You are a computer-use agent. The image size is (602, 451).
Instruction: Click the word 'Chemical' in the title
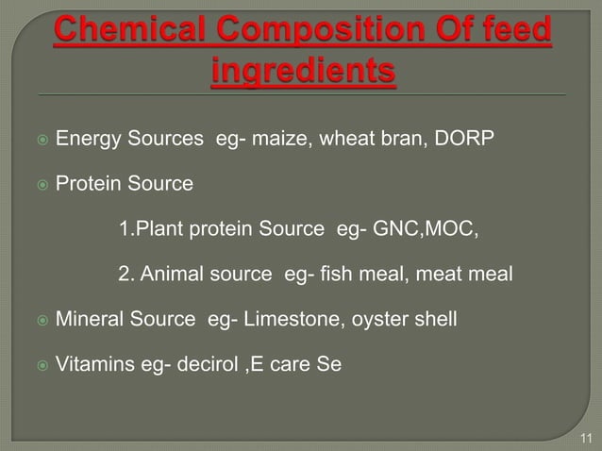127,31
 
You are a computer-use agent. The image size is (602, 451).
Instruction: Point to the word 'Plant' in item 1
157,229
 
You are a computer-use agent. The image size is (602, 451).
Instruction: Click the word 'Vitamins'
92,361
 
